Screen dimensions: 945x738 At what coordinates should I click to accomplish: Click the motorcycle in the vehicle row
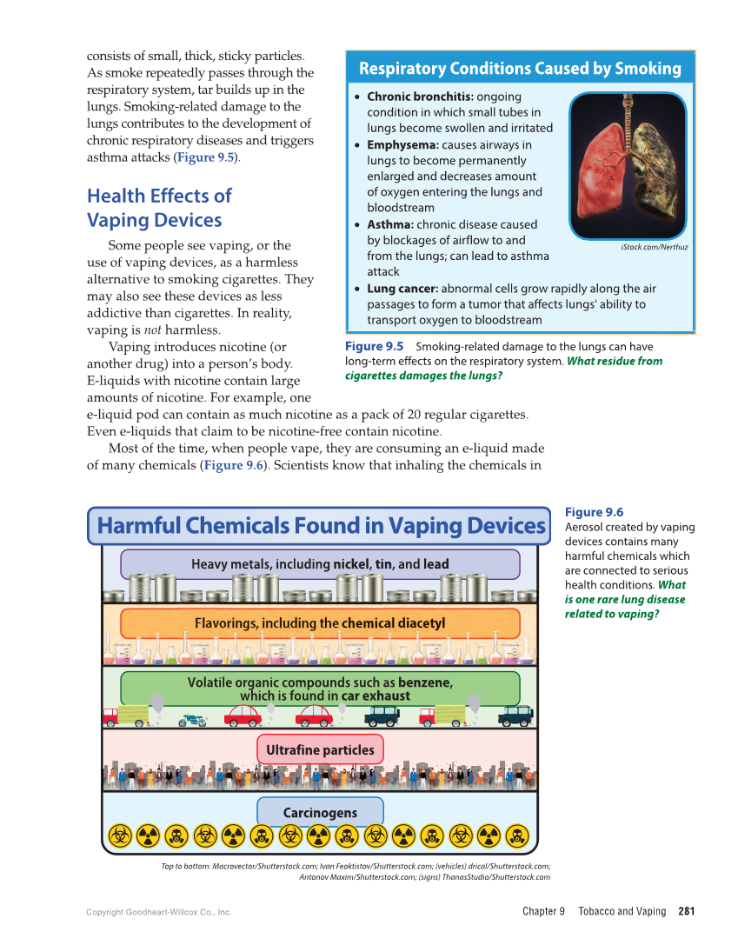click(x=192, y=720)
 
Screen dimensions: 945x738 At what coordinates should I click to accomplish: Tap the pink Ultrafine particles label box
click(x=320, y=750)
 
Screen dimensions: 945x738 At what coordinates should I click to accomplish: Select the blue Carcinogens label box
click(x=320, y=813)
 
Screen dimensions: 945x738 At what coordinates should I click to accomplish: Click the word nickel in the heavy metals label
click(x=351, y=564)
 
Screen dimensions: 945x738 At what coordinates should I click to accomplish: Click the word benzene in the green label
click(x=425, y=682)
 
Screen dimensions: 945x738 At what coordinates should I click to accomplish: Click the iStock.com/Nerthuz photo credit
click(x=654, y=247)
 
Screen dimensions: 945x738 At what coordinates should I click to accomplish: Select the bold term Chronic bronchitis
click(x=420, y=96)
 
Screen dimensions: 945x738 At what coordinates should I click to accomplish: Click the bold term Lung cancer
click(x=402, y=289)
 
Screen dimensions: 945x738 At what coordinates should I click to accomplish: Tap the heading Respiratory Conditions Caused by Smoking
click(x=520, y=69)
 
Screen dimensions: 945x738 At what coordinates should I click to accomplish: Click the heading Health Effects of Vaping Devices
click(x=158, y=208)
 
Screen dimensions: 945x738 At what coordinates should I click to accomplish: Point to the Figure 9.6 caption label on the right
click(x=594, y=512)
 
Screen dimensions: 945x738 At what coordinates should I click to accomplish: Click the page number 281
click(x=686, y=911)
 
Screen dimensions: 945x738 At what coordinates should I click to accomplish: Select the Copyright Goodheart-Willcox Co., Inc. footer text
click(x=158, y=912)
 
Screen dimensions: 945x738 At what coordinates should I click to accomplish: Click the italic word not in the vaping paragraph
click(x=151, y=330)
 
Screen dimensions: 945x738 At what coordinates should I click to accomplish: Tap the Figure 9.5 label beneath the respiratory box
click(x=374, y=346)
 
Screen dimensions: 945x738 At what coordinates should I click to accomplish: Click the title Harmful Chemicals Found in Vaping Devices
click(x=320, y=526)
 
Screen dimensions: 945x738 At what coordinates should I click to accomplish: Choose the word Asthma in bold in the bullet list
click(x=389, y=224)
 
